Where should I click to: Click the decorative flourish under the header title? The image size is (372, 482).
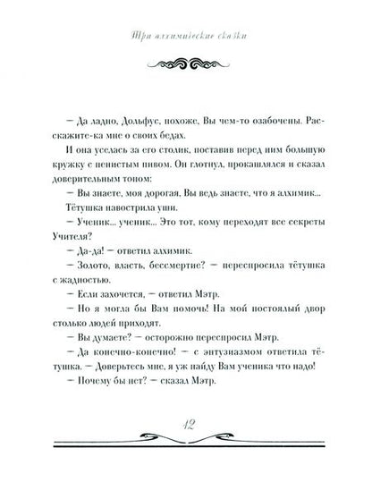pos(186,63)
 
